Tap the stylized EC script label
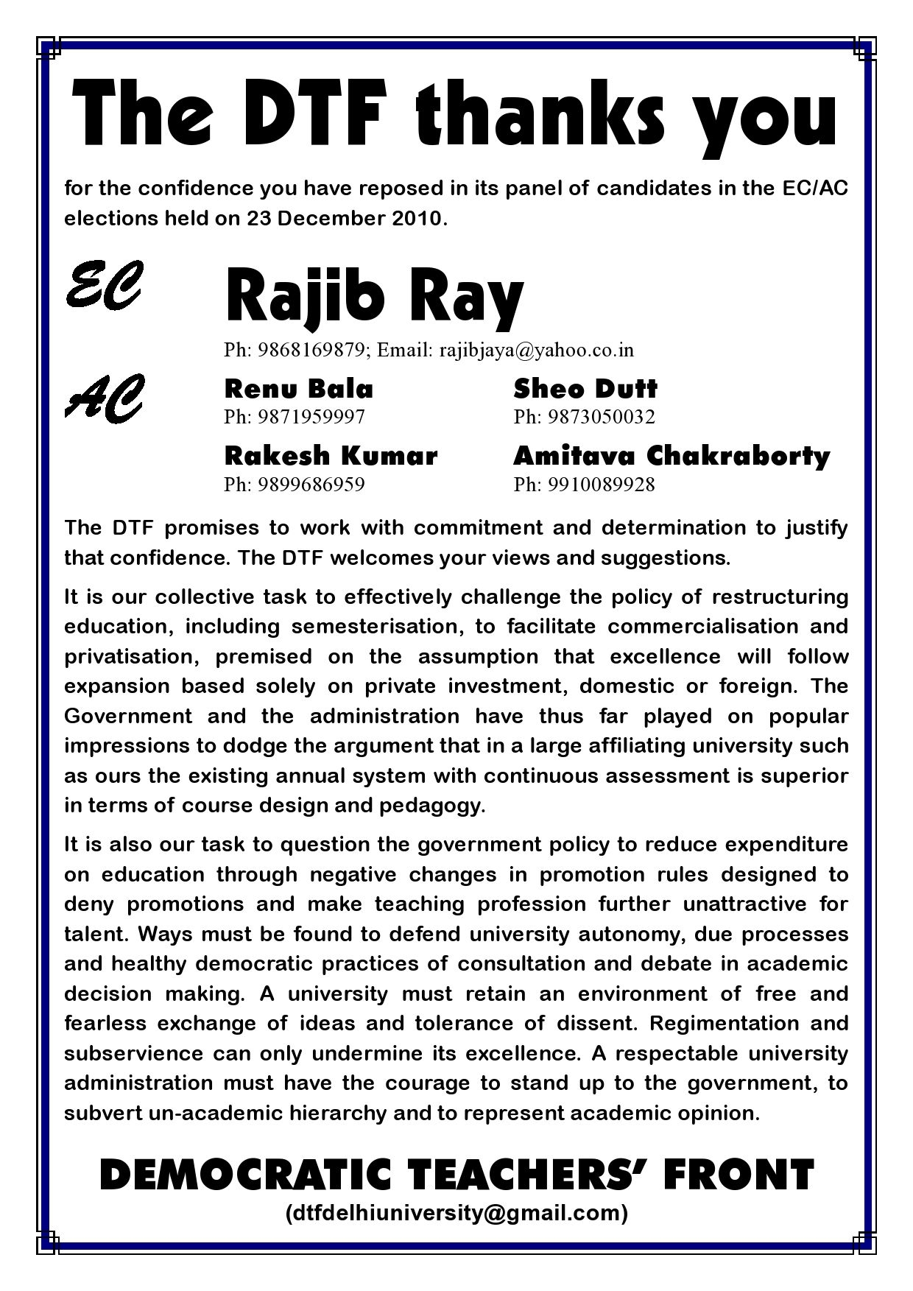(103, 286)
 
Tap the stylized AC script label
(104, 398)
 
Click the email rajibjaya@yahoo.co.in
(537, 350)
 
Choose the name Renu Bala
(298, 389)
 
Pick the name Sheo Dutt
(585, 389)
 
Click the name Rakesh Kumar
(331, 456)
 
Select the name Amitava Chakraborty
(671, 456)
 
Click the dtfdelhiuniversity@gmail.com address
(456, 1213)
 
